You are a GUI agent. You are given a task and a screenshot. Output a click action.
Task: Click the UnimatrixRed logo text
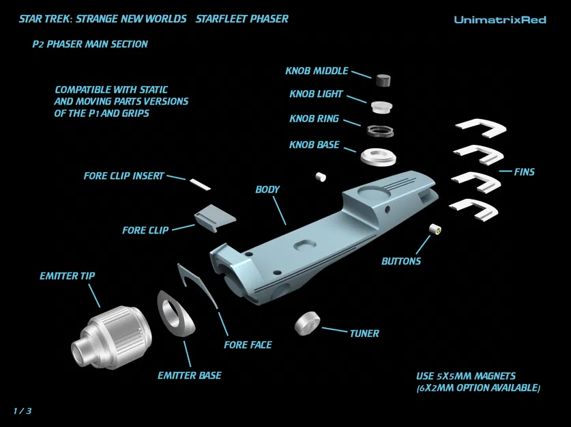[499, 20]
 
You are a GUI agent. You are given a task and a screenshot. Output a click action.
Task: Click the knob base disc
[379, 156]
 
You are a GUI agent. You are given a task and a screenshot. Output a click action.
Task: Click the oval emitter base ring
[175, 314]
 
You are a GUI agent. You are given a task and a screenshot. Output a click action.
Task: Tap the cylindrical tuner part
[308, 322]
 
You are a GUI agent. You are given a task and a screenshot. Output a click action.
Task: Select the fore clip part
[214, 216]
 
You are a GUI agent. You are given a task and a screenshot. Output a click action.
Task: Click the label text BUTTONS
[401, 261]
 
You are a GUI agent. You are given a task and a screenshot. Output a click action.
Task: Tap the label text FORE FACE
[248, 345]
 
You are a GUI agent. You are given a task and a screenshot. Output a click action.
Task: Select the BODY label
[268, 189]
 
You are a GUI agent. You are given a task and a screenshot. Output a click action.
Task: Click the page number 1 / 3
[23, 411]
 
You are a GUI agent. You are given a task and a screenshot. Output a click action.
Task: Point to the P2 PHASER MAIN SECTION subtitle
[90, 44]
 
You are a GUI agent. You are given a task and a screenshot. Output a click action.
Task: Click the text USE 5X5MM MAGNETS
[466, 376]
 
